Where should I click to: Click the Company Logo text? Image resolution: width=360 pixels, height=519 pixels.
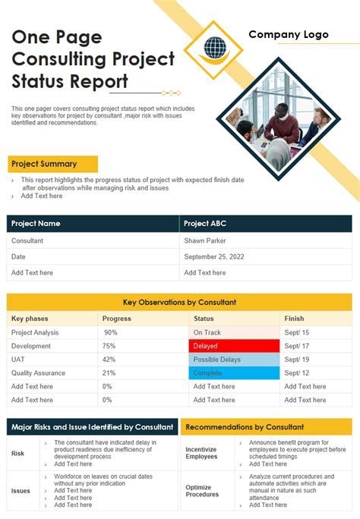[289, 34]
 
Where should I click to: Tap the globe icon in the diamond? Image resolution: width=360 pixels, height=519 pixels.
[215, 48]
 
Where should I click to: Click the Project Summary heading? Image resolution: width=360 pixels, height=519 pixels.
[44, 164]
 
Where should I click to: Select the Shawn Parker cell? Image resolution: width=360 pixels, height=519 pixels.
[204, 241]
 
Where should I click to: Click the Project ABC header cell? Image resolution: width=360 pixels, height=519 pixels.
[205, 224]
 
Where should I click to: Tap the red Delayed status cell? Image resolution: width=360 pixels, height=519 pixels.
[234, 346]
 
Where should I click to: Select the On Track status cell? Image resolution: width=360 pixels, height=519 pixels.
[234, 332]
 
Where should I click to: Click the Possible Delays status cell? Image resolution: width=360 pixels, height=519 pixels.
[234, 360]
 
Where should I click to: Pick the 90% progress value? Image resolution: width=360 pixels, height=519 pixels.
[111, 332]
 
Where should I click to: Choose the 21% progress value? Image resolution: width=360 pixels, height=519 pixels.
[109, 373]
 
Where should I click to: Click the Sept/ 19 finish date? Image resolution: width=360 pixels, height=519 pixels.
[296, 360]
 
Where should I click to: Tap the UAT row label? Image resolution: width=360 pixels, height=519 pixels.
[18, 360]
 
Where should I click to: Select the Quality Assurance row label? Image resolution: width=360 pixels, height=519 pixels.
[38, 373]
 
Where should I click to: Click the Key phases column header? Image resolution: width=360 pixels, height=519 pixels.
[30, 319]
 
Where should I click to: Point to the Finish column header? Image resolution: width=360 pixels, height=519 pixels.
[294, 319]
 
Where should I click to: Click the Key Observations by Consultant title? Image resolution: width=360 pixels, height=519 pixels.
[179, 302]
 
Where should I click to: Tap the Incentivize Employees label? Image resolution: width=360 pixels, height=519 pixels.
[202, 452]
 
